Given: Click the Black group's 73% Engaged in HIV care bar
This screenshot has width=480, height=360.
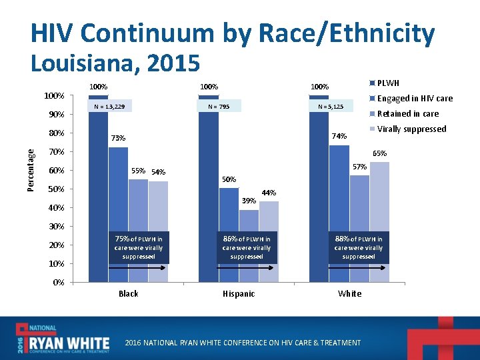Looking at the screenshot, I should [118, 187].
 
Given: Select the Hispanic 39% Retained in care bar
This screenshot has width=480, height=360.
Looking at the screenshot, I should [249, 220].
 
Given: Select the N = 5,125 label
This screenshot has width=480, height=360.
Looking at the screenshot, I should [331, 107].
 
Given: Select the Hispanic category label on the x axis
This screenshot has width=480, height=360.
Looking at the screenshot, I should [238, 294].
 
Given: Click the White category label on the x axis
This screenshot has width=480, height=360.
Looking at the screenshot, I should [349, 294].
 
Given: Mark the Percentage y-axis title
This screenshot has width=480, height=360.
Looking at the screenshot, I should [31, 170].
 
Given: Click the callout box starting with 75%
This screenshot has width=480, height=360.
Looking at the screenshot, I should [139, 247].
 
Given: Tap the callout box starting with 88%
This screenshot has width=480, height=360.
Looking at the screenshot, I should [359, 247].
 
